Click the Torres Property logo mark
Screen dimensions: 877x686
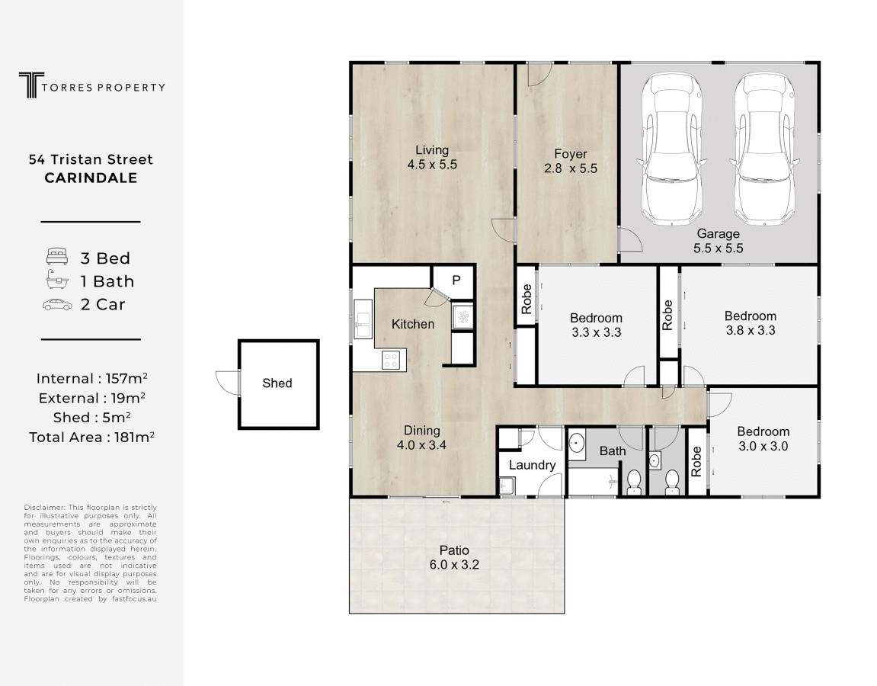31,85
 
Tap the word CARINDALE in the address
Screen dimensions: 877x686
91,178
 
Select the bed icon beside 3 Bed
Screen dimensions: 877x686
56,257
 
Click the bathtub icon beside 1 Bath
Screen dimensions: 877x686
57,280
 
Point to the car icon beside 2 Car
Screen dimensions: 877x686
57,305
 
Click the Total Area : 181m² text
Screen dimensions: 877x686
91,437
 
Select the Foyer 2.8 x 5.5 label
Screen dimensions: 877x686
571,161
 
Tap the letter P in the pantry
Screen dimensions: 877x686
456,280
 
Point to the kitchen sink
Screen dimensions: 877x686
363,319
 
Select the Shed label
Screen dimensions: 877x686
277,383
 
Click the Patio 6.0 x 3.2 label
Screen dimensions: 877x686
454,557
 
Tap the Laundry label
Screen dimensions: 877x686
532,465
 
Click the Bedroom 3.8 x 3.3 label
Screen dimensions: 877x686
751,323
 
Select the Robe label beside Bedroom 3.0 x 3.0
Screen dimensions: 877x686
696,462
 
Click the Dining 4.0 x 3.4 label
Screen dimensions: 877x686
421,438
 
